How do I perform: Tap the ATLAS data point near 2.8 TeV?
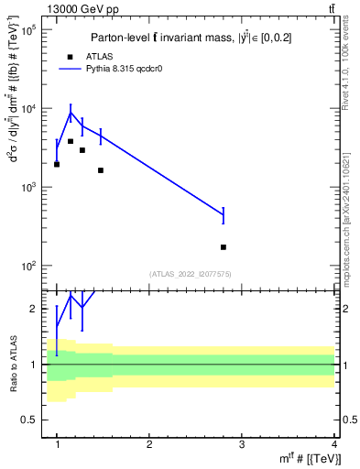pos(224,247)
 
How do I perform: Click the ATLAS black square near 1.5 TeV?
pos(101,170)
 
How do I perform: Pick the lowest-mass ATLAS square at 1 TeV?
pos(57,164)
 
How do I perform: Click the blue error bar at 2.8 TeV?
pos(224,215)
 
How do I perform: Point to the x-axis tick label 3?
pos(242,445)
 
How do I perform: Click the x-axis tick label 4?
pos(334,445)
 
